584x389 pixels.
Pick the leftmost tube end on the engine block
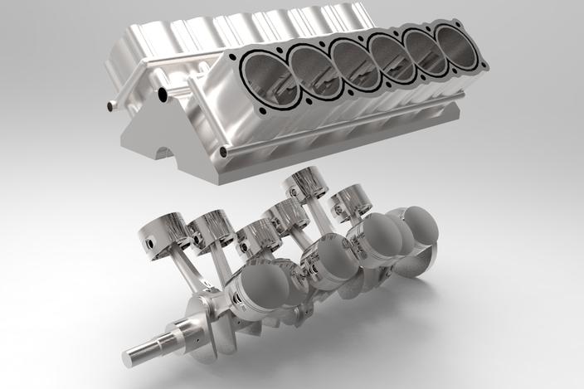click(111, 105)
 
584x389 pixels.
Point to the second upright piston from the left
click(209, 226)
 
